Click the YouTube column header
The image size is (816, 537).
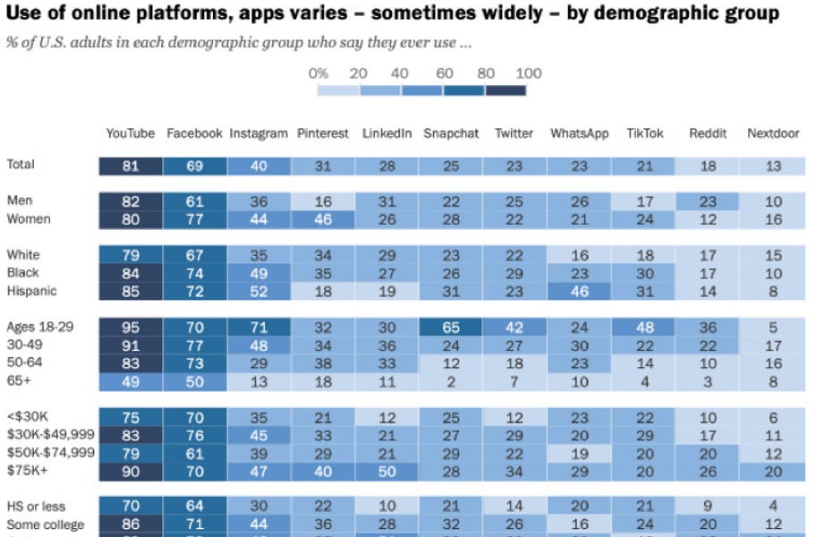click(x=131, y=133)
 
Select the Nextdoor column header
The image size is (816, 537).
click(x=772, y=133)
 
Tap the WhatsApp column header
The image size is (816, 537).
click(x=579, y=133)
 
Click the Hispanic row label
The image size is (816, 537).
click(x=33, y=291)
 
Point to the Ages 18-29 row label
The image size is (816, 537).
click(x=40, y=327)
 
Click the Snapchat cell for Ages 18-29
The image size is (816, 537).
click(x=451, y=327)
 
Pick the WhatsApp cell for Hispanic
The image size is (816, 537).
click(x=579, y=291)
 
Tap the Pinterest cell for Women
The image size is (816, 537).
click(x=323, y=219)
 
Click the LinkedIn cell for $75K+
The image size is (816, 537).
click(x=387, y=470)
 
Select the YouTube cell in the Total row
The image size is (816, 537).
click(x=131, y=166)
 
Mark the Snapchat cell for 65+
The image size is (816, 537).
click(x=451, y=380)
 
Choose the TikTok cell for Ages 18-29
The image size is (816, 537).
click(x=644, y=327)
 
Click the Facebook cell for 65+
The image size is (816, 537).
click(x=194, y=380)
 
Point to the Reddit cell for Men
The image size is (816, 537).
click(x=708, y=201)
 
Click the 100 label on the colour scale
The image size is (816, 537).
click(x=529, y=73)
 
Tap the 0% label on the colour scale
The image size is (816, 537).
click(x=319, y=73)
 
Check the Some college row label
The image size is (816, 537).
click(x=45, y=524)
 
